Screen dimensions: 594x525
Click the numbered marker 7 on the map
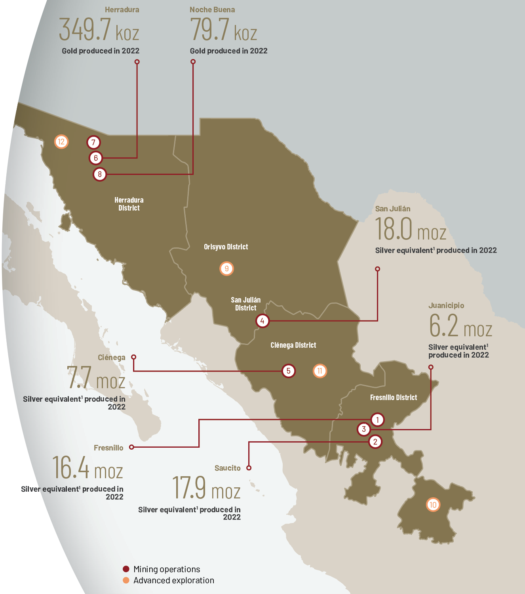point(93,142)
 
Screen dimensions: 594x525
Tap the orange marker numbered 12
point(61,142)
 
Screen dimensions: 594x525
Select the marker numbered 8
point(100,174)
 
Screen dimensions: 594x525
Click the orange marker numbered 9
point(226,268)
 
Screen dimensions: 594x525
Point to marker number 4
point(262,321)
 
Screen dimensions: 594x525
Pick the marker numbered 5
point(288,371)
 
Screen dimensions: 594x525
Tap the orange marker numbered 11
point(320,371)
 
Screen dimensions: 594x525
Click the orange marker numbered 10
point(433,505)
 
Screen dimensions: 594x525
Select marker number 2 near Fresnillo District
point(375,441)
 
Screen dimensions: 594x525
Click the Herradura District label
point(129,204)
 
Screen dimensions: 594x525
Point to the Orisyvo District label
point(226,247)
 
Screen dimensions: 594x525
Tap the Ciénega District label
point(293,345)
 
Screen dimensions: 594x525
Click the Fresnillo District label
point(393,397)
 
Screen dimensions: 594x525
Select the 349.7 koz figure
point(99,30)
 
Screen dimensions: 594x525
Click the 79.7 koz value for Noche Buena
point(223,30)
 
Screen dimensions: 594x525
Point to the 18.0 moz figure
point(411,230)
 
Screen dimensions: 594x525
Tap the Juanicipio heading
point(446,305)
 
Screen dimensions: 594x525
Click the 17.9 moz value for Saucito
point(206,488)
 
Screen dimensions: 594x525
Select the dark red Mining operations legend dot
point(126,569)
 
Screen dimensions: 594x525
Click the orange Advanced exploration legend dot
point(126,580)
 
